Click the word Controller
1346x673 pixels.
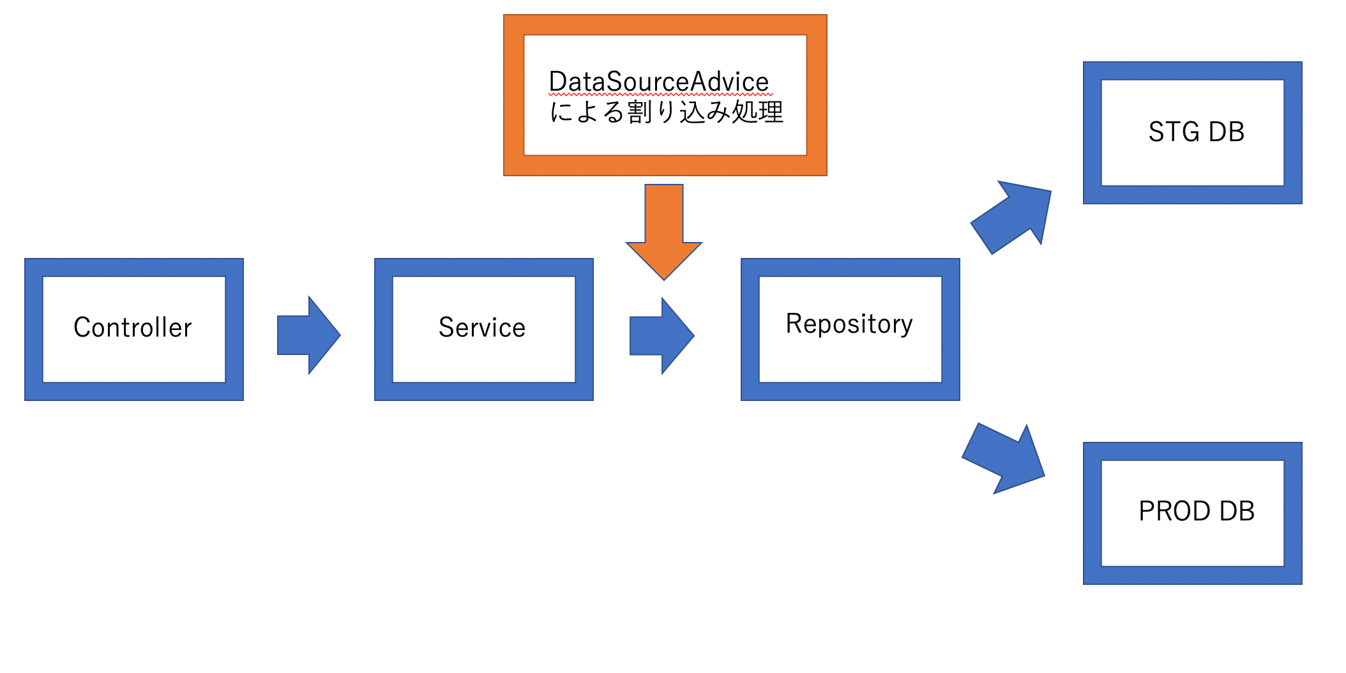tap(132, 328)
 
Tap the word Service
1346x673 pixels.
tap(482, 328)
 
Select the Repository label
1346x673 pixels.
tap(849, 324)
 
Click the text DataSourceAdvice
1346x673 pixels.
tap(658, 82)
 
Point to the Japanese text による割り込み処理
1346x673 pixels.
tap(667, 112)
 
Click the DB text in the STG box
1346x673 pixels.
tap(1227, 132)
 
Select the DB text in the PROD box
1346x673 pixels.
tap(1237, 511)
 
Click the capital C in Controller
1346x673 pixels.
tap(82, 328)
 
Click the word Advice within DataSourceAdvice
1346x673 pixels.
tap(730, 82)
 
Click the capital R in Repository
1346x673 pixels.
tap(794, 324)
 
